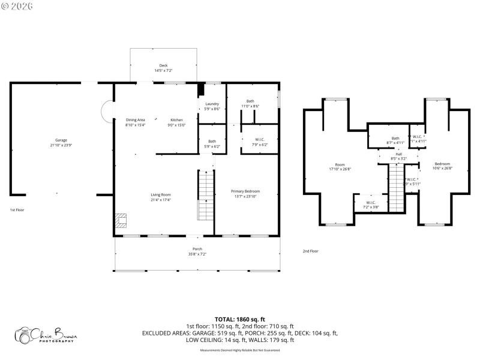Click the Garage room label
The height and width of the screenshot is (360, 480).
point(61,142)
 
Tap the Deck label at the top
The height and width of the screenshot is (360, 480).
point(163,68)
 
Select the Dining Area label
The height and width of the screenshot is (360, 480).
point(135,122)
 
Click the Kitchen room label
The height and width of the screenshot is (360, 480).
point(176,122)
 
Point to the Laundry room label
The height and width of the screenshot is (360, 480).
point(212,106)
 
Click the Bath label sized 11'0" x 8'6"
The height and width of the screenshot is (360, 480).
point(250,103)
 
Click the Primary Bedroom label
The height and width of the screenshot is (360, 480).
point(245,194)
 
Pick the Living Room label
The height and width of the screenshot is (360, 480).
point(161,197)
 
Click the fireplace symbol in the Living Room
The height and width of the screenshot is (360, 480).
point(122,221)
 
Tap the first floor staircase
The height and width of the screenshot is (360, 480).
point(206,195)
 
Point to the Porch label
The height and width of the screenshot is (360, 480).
point(197,251)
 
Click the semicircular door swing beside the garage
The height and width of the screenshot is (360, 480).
point(107,111)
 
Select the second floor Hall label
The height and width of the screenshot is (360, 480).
point(399,156)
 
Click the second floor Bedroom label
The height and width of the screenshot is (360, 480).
point(442,166)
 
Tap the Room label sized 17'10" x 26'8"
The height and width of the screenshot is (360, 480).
point(340,166)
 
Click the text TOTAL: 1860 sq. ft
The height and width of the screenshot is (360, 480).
point(239,319)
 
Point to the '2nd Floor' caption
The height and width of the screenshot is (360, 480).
point(310,251)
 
